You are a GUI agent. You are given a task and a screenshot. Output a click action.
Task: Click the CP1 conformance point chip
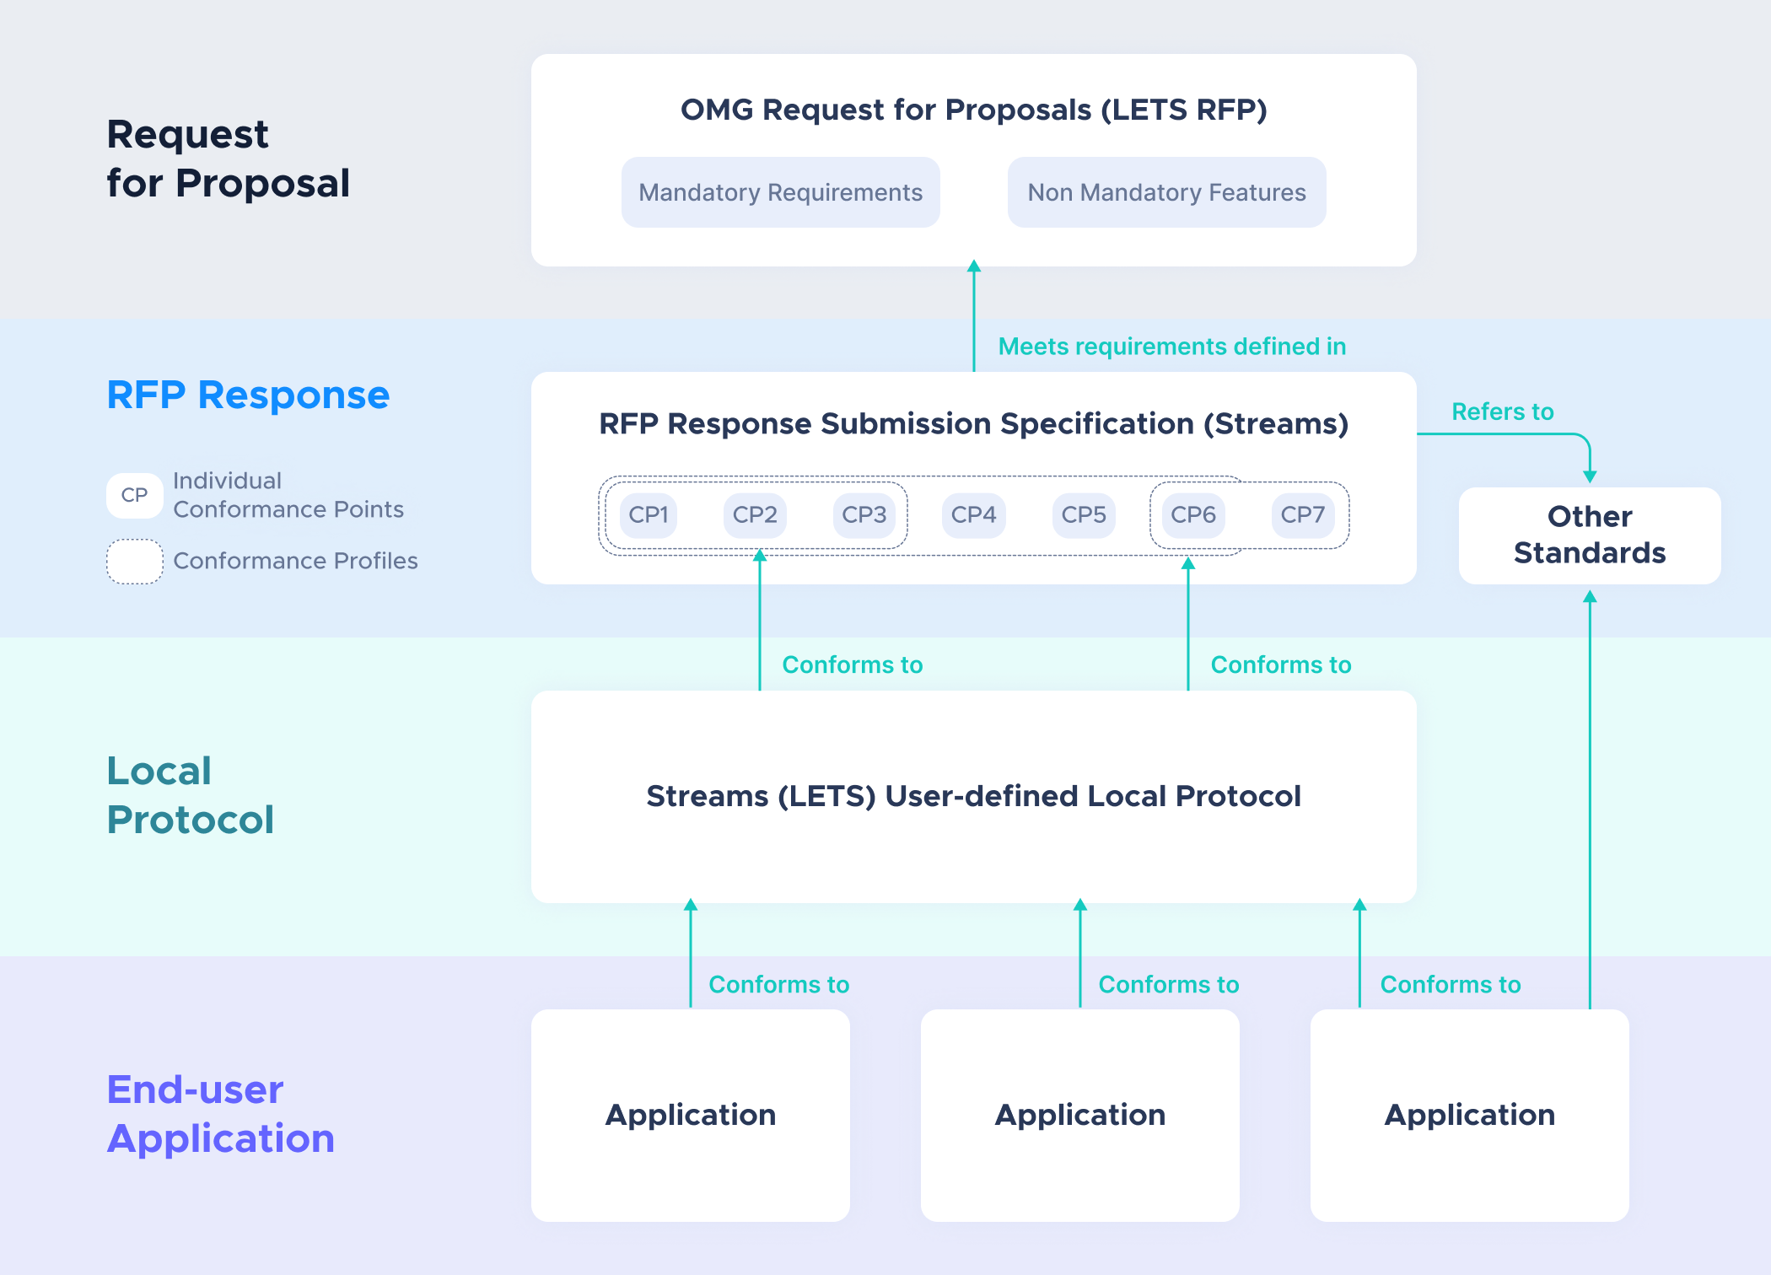(x=649, y=514)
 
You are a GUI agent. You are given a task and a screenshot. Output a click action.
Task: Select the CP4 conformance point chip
(x=973, y=514)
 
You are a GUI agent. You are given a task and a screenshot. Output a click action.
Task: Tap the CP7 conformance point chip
(x=1302, y=514)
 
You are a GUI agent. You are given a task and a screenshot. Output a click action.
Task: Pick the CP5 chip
(x=1084, y=514)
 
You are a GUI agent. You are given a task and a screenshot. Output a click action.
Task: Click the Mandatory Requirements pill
(x=780, y=192)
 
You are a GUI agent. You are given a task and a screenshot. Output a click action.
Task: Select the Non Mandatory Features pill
(x=1166, y=192)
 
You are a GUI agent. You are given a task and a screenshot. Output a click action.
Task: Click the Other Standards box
(x=1590, y=535)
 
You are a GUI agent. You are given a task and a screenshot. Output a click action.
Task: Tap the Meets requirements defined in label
(x=1172, y=347)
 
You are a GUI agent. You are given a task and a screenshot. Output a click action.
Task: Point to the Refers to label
(x=1502, y=412)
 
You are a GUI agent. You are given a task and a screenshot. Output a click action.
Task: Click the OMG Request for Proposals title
(x=974, y=110)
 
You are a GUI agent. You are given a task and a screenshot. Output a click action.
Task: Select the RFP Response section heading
(x=248, y=395)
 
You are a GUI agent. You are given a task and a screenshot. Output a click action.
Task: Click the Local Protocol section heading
(x=191, y=795)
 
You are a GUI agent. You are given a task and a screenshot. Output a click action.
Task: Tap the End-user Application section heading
(x=221, y=1114)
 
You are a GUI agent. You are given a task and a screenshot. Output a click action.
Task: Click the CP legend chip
(x=135, y=495)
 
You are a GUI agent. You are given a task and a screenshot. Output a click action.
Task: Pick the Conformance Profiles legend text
(x=295, y=561)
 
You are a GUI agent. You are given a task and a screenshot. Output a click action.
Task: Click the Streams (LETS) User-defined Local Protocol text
(x=974, y=796)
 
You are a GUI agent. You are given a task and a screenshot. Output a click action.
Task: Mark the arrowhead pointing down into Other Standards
(x=1590, y=476)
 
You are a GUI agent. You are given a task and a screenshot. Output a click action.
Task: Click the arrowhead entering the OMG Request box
(x=974, y=266)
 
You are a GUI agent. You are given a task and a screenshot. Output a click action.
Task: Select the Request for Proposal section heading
(x=228, y=159)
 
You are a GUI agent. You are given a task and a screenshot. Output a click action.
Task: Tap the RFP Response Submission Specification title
(x=974, y=423)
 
